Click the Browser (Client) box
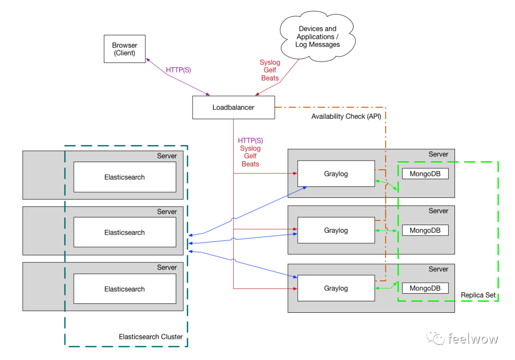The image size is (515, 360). coord(124,49)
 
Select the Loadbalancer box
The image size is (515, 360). coord(233,107)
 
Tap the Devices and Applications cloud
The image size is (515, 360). coord(318,37)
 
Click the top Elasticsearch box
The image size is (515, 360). coord(124,177)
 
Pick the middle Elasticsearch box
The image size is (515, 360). coord(124,232)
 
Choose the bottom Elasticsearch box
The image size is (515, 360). coord(124,289)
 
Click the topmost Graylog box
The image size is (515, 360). coord(336,174)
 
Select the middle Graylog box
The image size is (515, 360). coord(336,230)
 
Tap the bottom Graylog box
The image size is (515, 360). coord(336,288)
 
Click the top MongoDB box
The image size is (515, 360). coord(425,174)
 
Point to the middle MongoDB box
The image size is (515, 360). coord(425,230)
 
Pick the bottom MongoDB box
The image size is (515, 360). coord(425,288)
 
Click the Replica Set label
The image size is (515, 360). coord(478,296)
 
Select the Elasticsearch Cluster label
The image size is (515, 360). coord(151,337)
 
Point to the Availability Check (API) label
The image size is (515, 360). coord(346,116)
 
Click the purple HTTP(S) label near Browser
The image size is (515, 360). coord(178,70)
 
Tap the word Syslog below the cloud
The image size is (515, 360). coord(270,62)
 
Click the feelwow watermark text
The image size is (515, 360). coord(473,339)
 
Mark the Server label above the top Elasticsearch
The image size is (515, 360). coord(167,156)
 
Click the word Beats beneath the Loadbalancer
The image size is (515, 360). coord(250,164)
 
